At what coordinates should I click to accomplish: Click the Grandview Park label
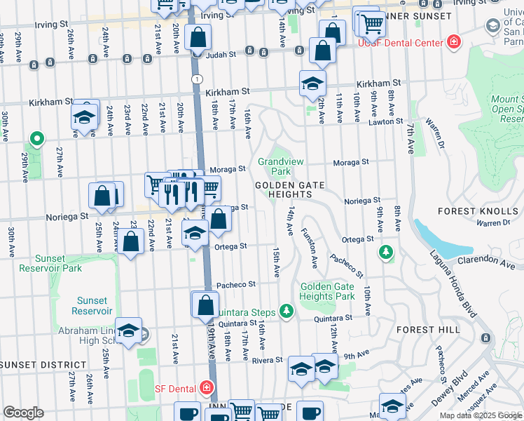coord(280,166)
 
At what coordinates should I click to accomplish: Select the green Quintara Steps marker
coord(285,310)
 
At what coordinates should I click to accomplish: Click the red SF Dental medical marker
coord(206,387)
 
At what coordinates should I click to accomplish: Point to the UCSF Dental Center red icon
coord(455,42)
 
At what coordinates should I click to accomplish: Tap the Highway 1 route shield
coord(198,78)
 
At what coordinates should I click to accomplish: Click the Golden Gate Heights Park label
coord(328,291)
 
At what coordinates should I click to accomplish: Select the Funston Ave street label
coord(310,248)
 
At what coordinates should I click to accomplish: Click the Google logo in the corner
coord(23,413)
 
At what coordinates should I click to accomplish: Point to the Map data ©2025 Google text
coord(480,415)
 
